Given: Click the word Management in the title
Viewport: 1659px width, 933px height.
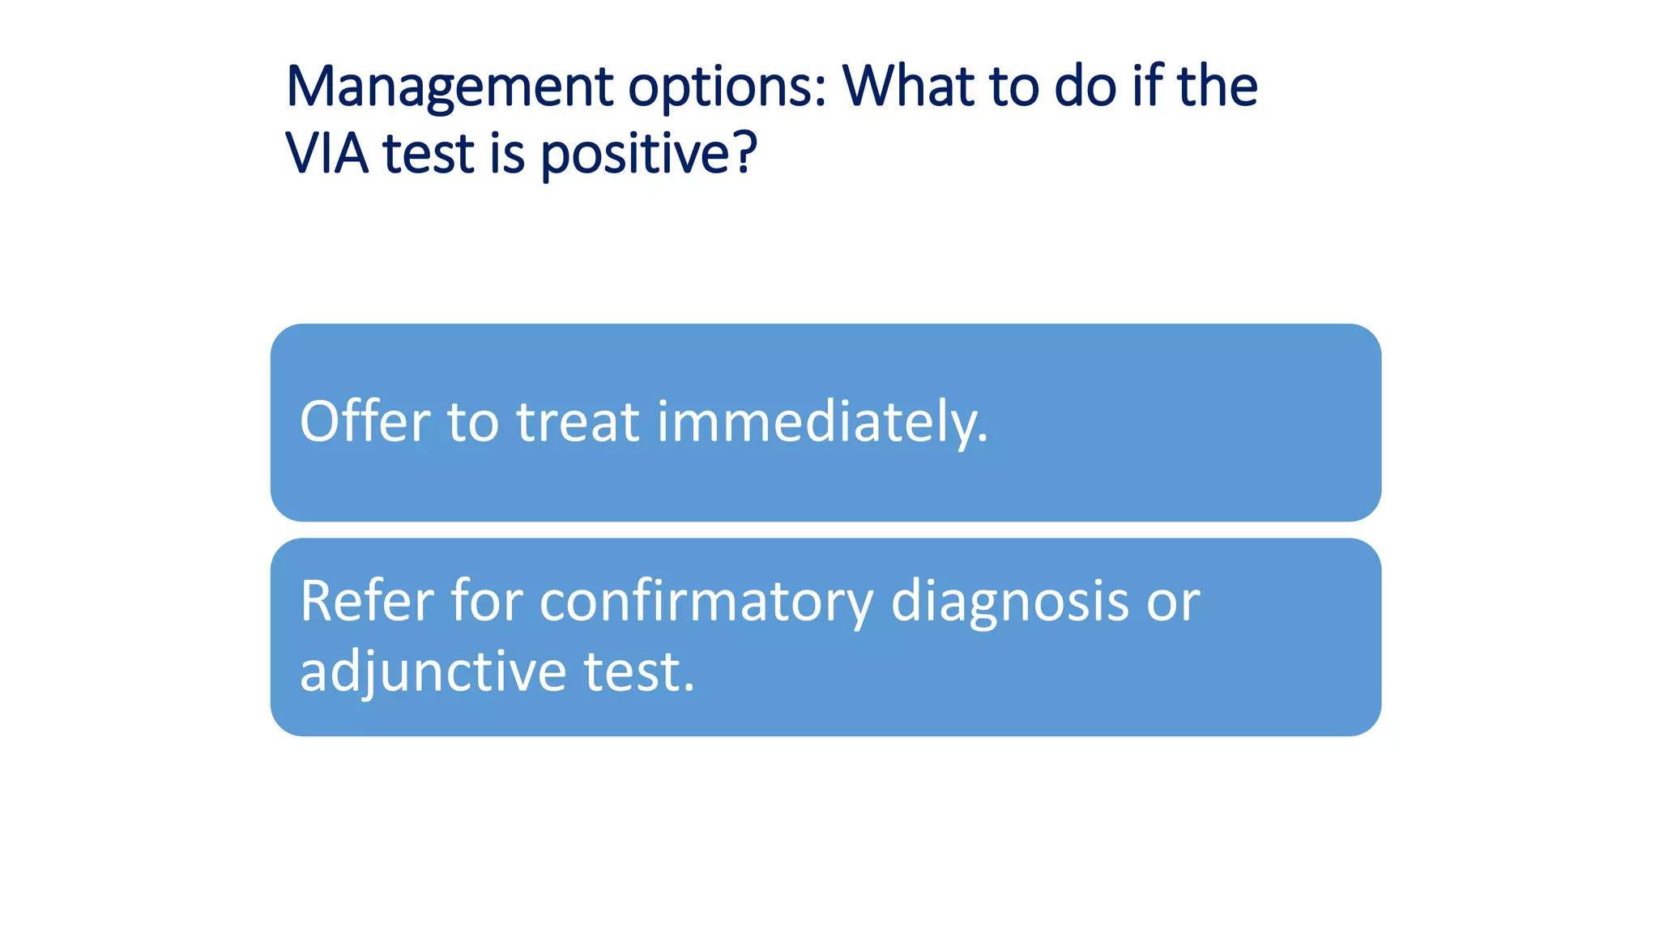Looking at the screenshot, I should pos(450,87).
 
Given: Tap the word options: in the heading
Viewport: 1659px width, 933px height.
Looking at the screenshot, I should pos(727,87).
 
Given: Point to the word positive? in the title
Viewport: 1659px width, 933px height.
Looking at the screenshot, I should pos(648,155).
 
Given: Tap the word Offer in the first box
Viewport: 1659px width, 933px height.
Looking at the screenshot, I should pos(365,422).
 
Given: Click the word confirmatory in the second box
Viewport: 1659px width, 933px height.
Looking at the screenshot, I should pos(706,603).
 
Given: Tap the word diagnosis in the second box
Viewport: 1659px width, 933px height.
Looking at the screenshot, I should pos(1009,603).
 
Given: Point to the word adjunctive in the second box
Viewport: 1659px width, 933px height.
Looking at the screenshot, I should pos(433,672).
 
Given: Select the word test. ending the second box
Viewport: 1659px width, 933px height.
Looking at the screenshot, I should pos(639,672).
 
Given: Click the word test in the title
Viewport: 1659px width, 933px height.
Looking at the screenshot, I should pos(428,153).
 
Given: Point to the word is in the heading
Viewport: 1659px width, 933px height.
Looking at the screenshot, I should pos(507,153).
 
